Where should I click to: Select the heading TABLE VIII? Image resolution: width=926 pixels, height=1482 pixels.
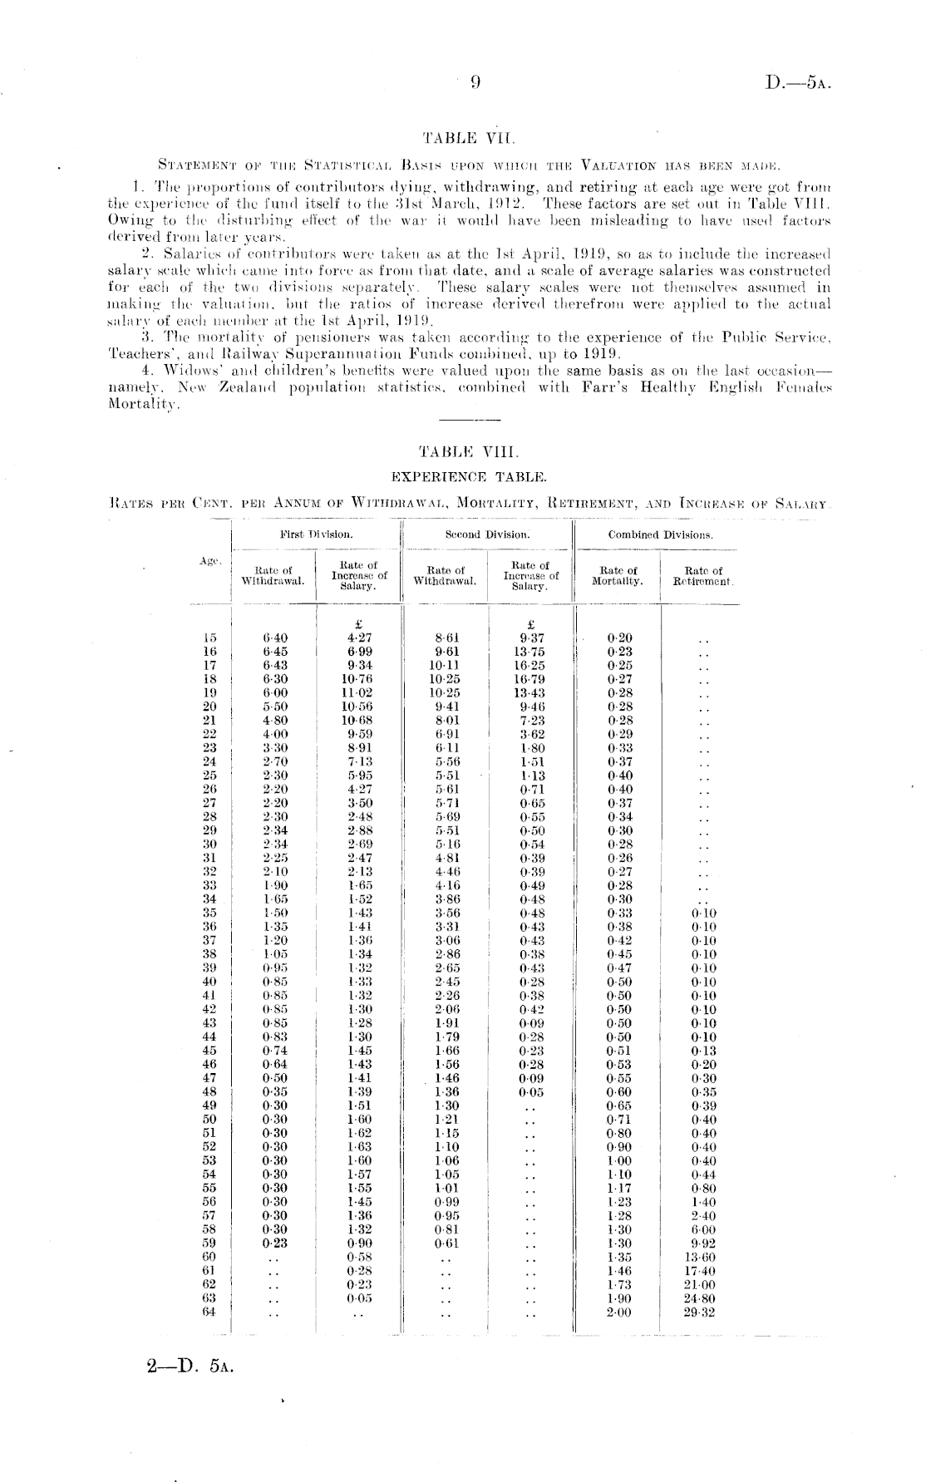tap(469, 452)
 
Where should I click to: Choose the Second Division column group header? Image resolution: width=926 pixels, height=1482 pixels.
tap(487, 534)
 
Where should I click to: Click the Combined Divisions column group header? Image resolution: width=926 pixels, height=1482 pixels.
tap(660, 534)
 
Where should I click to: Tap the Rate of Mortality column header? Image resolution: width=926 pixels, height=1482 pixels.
tap(618, 575)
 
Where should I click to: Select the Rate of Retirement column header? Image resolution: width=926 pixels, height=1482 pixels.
tap(703, 575)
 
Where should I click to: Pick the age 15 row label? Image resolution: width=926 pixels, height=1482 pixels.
tap(209, 638)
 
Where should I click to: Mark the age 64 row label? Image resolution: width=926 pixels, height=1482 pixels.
tap(209, 1312)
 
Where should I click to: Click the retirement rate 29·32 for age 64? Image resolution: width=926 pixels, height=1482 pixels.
tap(703, 1312)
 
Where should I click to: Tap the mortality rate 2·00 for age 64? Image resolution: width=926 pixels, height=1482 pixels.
tap(619, 1312)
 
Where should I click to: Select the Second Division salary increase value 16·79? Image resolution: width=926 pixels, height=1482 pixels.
tap(529, 679)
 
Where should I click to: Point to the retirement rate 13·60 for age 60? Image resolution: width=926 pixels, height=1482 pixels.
tap(703, 1258)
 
